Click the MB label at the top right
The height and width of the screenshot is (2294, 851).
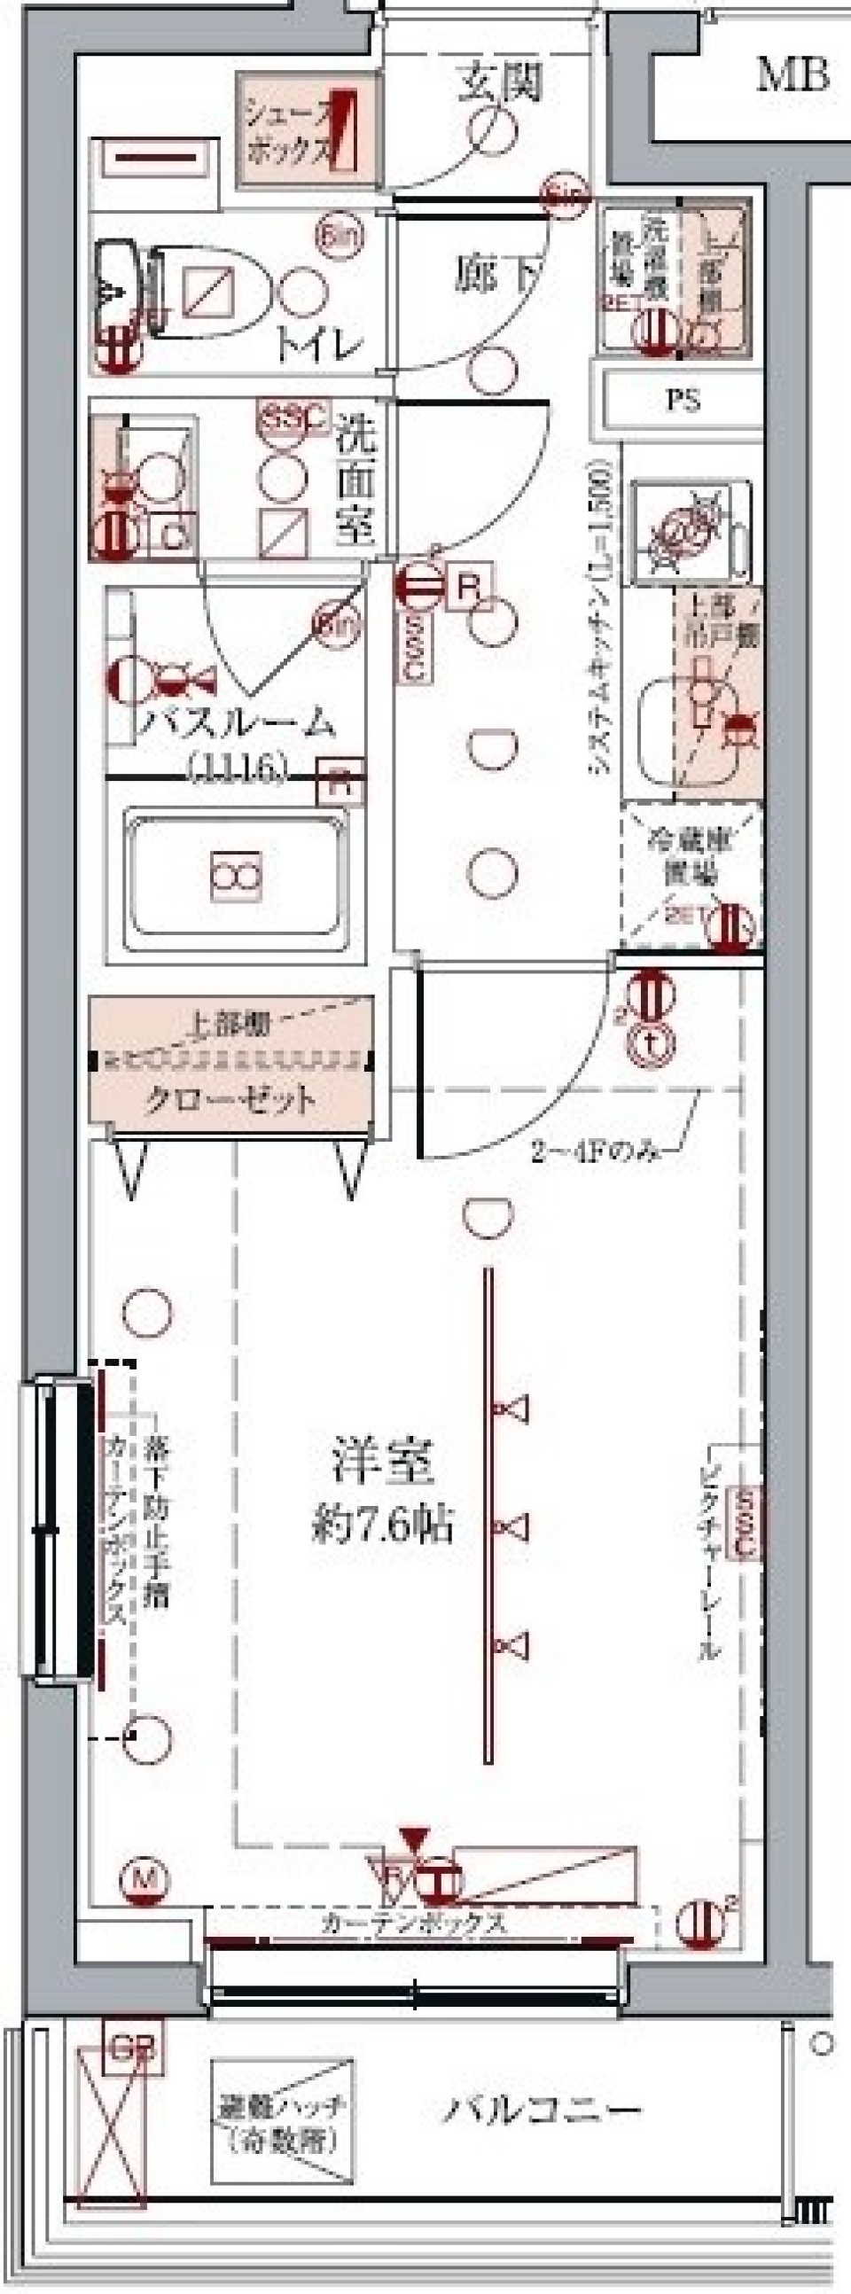pyautogui.click(x=792, y=74)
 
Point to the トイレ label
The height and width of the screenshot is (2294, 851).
pyautogui.click(x=318, y=345)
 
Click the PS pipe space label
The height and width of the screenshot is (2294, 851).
pyautogui.click(x=683, y=400)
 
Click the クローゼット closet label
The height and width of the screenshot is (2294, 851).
pyautogui.click(x=230, y=1100)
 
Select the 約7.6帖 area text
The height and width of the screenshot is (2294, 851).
pyautogui.click(x=383, y=1525)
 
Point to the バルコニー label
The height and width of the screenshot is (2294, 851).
pyautogui.click(x=543, y=2110)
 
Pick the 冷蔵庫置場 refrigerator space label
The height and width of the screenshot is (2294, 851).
pyautogui.click(x=691, y=856)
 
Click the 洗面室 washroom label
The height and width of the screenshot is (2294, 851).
pyautogui.click(x=356, y=481)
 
